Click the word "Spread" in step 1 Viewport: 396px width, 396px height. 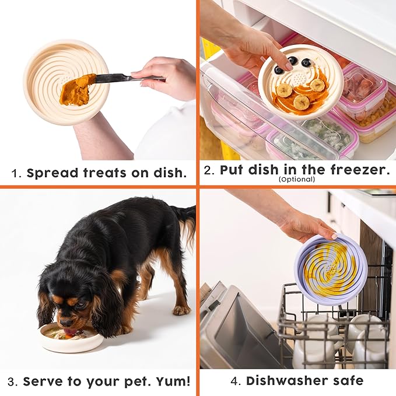click(x=48, y=173)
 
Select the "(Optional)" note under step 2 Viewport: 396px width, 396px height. click(x=297, y=180)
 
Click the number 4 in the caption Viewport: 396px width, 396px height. click(x=234, y=381)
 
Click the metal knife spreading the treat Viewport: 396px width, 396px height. click(x=120, y=78)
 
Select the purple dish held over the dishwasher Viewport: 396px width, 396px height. click(x=331, y=269)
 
